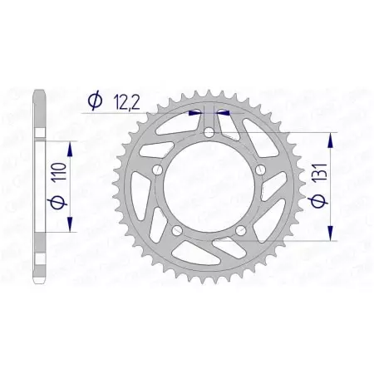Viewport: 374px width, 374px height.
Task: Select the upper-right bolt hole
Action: click(260, 169)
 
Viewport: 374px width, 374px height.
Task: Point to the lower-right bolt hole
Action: click(240, 229)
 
